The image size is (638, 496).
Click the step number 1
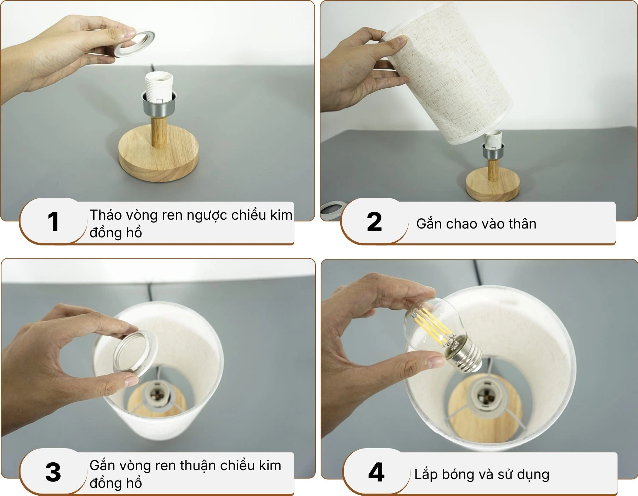pyautogui.click(x=53, y=222)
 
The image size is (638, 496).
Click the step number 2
pyautogui.click(x=374, y=222)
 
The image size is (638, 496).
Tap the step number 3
pyautogui.click(x=53, y=472)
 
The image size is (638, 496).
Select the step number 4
pyautogui.click(x=376, y=472)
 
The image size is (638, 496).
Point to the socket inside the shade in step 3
pyautogui.click(x=156, y=393)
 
